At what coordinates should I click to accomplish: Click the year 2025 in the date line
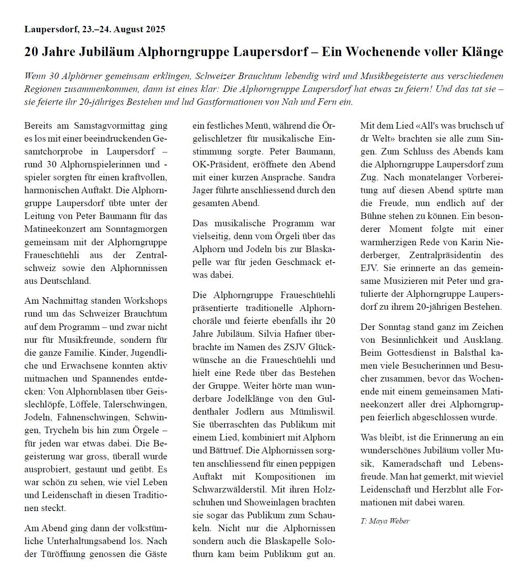pyautogui.click(x=152, y=29)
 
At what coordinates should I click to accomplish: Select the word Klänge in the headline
pyautogui.click(x=481, y=52)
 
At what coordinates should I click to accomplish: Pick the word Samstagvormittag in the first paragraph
pyautogui.click(x=102, y=125)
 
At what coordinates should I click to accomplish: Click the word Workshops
pyautogui.click(x=146, y=301)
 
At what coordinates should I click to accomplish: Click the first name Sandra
pyautogui.click(x=322, y=177)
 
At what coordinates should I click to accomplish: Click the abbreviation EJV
pyautogui.click(x=370, y=268)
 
